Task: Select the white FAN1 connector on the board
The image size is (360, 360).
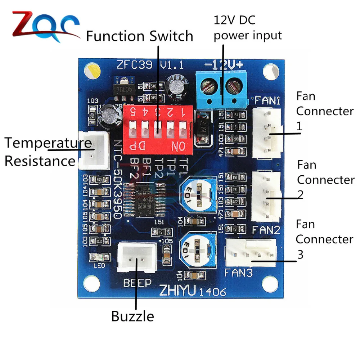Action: click(267, 133)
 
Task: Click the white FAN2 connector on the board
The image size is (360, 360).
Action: click(267, 196)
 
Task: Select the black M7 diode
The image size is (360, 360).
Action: click(202, 128)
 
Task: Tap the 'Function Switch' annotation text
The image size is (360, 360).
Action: click(140, 36)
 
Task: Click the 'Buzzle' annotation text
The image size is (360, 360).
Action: click(132, 316)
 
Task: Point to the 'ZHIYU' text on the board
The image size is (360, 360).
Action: click(176, 290)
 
